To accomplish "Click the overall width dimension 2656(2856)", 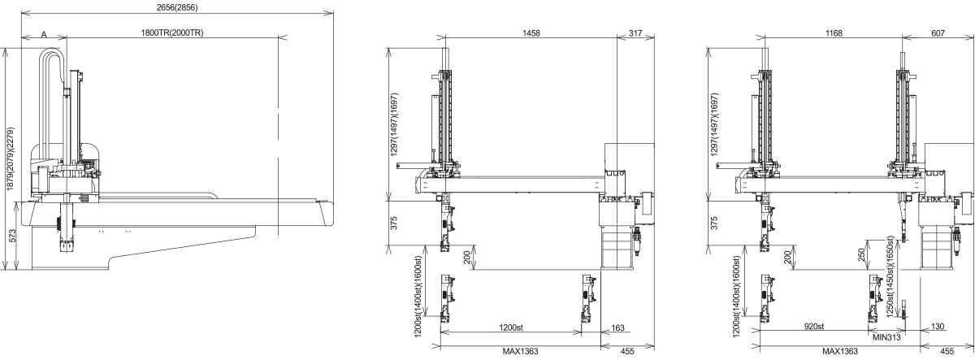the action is [x=177, y=7].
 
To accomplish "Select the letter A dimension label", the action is [x=44, y=34].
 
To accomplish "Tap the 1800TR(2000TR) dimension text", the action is [x=172, y=33].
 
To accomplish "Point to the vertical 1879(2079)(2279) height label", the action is [x=11, y=158].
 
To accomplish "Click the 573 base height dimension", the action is [x=13, y=236].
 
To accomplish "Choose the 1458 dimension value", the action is [x=531, y=33].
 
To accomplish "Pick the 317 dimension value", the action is [x=635, y=33].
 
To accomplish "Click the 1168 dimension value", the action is [x=834, y=33].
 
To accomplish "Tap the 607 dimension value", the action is [x=938, y=33].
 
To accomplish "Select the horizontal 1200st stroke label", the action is [x=510, y=327].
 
